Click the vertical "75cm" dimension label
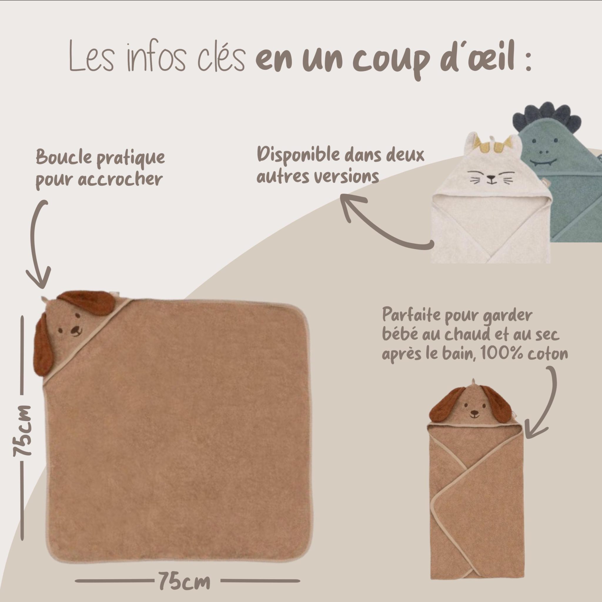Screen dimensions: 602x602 (x=22, y=431)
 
